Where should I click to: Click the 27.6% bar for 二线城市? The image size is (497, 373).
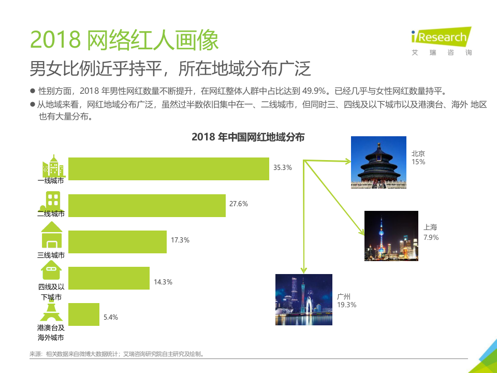pyautogui.click(x=147, y=205)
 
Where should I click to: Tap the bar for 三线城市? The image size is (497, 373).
pyautogui.click(x=118, y=241)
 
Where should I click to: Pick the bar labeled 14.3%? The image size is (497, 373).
pyautogui.click(x=109, y=278)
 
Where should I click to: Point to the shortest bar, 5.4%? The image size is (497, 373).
pyautogui.click(x=84, y=314)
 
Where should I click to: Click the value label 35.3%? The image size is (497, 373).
pyautogui.click(x=283, y=167)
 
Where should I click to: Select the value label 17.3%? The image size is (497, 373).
pyautogui.click(x=180, y=240)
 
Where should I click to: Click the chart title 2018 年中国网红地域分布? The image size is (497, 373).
pyautogui.click(x=248, y=137)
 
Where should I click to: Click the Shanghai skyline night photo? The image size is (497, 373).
pyautogui.click(x=391, y=236)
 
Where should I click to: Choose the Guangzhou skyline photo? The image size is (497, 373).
pyautogui.click(x=304, y=299)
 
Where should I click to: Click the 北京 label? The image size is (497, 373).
pyautogui.click(x=418, y=154)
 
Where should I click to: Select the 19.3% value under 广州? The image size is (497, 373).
pyautogui.click(x=346, y=305)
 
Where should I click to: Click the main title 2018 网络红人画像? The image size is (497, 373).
pyautogui.click(x=124, y=39)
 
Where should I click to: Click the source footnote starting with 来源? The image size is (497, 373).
pyautogui.click(x=116, y=354)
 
